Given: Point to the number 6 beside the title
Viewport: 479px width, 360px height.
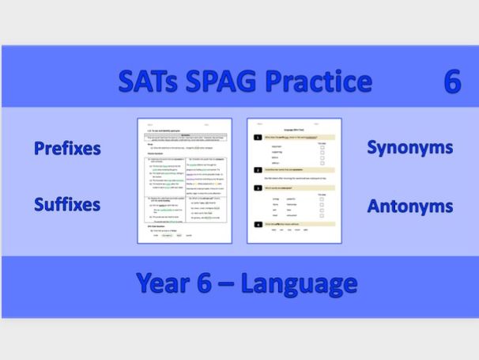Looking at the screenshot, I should tap(452, 81).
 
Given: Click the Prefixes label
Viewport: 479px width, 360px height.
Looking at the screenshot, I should tap(66, 149).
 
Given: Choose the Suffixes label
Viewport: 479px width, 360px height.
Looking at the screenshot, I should tap(66, 205).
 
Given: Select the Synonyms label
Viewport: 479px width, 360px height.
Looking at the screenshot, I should tap(409, 148).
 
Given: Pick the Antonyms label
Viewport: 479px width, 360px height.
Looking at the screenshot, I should tap(409, 206).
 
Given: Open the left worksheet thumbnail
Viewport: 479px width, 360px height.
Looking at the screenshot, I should tap(183, 180).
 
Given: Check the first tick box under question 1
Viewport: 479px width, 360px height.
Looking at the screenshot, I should tap(321, 146).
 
